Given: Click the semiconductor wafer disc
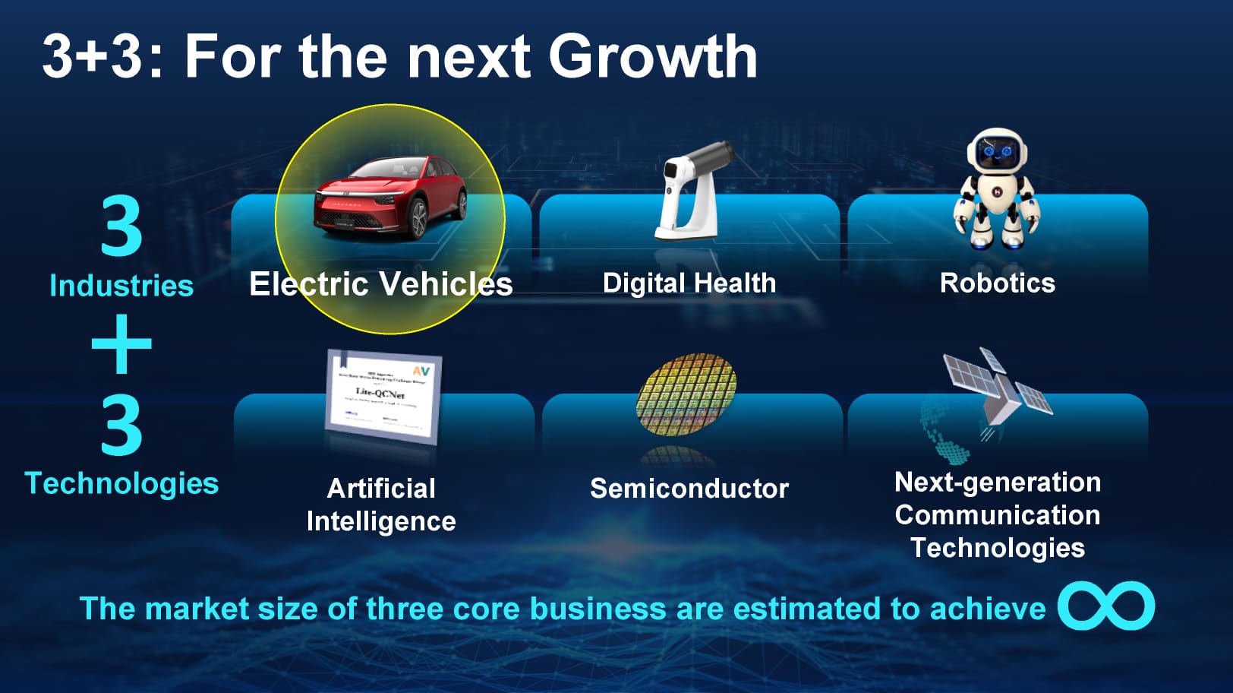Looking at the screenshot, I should coord(686,394).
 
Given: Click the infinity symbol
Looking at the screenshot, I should coord(1106,606).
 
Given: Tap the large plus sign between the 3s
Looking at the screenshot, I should coord(121,344).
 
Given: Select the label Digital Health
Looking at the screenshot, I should coord(689,283).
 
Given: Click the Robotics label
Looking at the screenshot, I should coord(997,283).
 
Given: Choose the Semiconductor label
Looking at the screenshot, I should coord(689,489).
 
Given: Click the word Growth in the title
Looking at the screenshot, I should coord(652,56).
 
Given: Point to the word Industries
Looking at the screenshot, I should coord(121,286).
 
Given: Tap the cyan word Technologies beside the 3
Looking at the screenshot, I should coord(121,483).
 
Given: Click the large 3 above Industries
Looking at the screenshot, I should coord(121,226).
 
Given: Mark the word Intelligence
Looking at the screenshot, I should coord(381,521).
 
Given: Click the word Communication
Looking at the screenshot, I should coord(997,515).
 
